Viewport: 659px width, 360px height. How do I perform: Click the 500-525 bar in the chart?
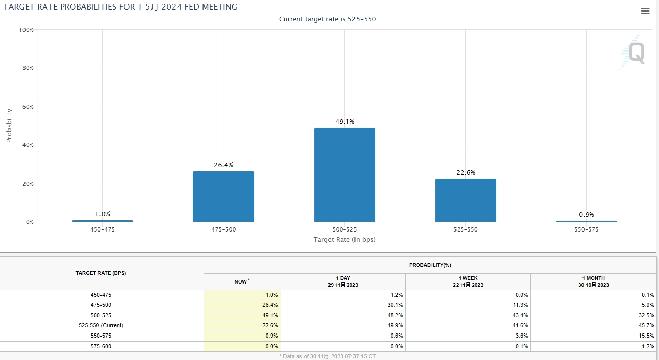pos(344,175)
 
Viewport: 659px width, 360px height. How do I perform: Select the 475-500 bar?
pos(223,196)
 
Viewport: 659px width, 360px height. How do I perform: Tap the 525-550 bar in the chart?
pos(465,200)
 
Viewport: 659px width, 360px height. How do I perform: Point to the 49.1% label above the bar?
pos(344,122)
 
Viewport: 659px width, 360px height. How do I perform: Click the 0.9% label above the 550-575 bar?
pos(586,215)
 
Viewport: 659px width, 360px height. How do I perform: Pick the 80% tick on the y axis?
pos(27,68)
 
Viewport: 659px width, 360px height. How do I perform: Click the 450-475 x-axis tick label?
pos(102,229)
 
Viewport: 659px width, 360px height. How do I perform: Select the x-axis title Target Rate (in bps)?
pos(344,239)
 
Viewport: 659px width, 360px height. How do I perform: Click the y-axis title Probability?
pos(9,125)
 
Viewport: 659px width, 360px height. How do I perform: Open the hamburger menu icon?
pos(645,11)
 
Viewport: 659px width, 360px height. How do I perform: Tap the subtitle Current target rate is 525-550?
pos(327,19)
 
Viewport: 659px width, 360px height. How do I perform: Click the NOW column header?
pos(241,281)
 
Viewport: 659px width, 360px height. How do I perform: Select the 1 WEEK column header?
pos(468,281)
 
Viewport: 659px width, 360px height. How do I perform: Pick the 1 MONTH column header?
pos(593,281)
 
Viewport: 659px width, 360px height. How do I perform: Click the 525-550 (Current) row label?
pos(101,325)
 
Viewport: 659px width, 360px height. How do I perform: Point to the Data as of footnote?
pos(327,356)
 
